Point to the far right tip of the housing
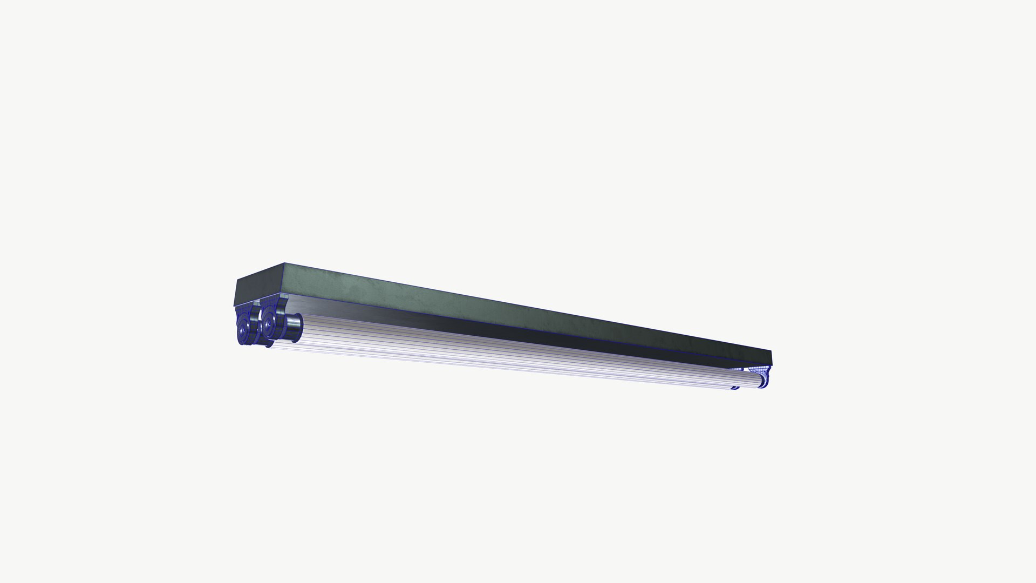pyautogui.click(x=772, y=358)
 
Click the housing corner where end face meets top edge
pyautogui.click(x=284, y=264)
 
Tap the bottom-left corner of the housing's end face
pyautogui.click(x=234, y=306)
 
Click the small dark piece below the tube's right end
pyautogui.click(x=735, y=387)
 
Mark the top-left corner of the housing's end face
pyautogui.click(x=238, y=279)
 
